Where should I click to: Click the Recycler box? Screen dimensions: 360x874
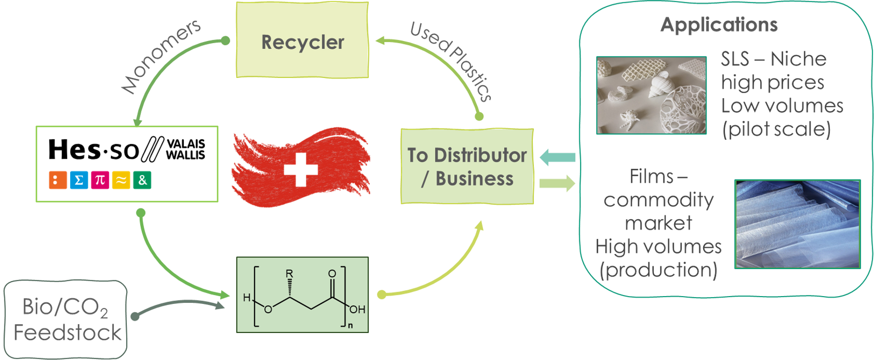302,41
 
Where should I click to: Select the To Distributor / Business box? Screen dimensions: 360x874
467,166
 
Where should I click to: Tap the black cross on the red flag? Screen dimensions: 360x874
301,170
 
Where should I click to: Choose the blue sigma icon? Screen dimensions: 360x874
79,180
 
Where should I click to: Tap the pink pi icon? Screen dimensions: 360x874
100,180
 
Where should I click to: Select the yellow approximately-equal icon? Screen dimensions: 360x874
121,180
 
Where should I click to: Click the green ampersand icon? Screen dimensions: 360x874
142,180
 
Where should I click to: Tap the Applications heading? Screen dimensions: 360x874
719,25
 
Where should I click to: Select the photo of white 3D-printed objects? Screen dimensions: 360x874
651,95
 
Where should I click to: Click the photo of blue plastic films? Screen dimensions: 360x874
798,224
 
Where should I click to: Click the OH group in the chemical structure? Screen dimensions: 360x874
357,310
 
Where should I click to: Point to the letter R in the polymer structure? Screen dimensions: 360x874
289,273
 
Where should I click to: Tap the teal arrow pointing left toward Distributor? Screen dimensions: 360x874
557,157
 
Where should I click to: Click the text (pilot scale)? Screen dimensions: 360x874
776,129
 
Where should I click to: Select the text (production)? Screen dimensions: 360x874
658,270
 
